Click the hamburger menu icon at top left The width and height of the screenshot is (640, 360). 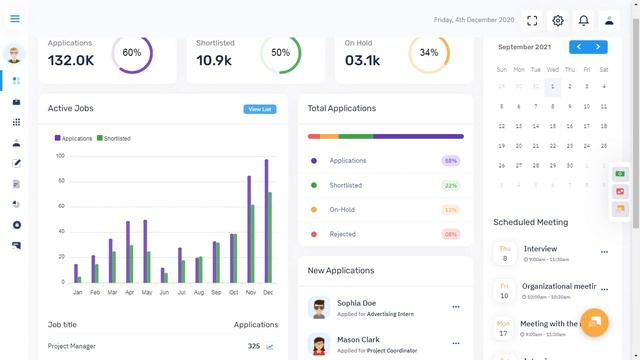click(x=14, y=19)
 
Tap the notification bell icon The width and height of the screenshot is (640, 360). click(x=583, y=20)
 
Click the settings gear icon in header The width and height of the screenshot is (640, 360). click(x=558, y=20)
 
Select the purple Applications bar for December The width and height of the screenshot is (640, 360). click(x=266, y=221)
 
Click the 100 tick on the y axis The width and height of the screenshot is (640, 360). click(x=60, y=156)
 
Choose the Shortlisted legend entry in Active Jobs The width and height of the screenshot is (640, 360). click(x=113, y=138)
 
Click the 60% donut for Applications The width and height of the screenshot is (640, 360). click(x=132, y=53)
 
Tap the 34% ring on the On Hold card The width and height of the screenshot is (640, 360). click(x=429, y=53)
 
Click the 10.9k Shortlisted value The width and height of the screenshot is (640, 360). click(x=213, y=61)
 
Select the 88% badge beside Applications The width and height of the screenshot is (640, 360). click(x=451, y=161)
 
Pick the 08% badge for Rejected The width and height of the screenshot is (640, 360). click(x=451, y=234)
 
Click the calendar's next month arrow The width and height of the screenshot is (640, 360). click(x=598, y=47)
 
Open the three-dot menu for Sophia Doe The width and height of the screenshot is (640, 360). click(x=456, y=307)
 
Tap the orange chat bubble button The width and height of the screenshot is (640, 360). click(x=594, y=321)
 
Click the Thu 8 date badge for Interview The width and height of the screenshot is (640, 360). click(x=504, y=253)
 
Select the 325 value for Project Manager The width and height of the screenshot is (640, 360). click(x=254, y=346)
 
